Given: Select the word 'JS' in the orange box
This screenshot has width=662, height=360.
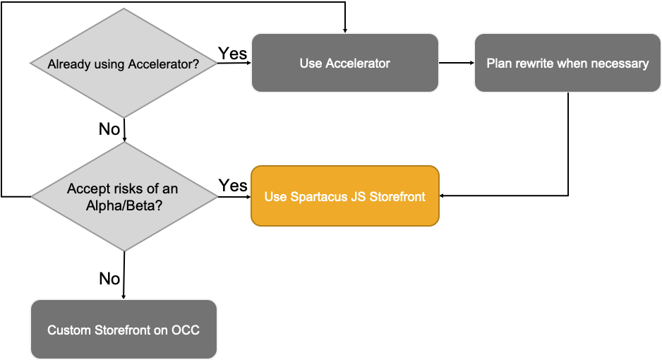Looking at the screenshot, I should (x=359, y=196).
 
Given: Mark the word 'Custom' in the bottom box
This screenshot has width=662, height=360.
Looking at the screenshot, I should (x=68, y=330).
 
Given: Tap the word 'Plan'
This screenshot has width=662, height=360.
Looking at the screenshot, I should (x=499, y=64).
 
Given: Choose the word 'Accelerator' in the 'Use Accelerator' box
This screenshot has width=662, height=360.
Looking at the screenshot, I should (x=358, y=64).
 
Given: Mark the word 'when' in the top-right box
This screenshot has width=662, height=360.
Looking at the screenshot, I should (x=572, y=64).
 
